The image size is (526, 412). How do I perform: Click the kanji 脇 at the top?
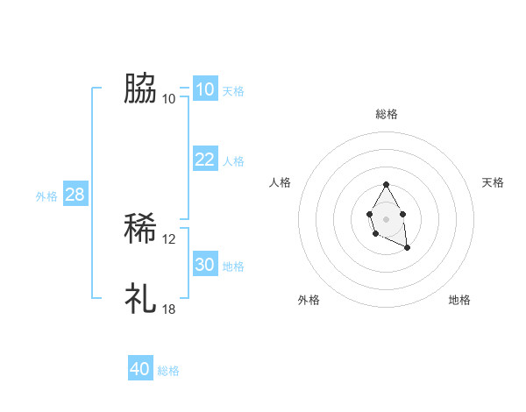tap(140, 88)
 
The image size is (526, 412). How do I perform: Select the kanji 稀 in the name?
tap(140, 230)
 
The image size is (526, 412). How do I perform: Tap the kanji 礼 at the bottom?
tap(140, 298)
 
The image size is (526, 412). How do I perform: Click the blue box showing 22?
tap(204, 160)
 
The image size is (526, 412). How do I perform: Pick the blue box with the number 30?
tap(204, 265)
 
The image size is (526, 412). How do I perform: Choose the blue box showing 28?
tap(75, 195)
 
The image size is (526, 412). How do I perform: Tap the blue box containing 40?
tap(140, 369)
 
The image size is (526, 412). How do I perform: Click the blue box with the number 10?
tap(204, 89)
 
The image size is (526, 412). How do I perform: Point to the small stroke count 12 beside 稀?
tap(169, 239)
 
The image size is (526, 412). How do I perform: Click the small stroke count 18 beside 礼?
tap(169, 309)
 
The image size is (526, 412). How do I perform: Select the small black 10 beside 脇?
tap(169, 98)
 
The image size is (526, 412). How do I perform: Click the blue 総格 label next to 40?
tap(168, 371)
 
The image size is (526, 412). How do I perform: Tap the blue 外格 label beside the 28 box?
tap(46, 196)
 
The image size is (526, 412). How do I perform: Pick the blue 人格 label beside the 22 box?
tap(233, 161)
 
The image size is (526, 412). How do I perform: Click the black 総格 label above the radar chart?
tap(387, 114)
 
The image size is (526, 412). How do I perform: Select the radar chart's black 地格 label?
tap(459, 300)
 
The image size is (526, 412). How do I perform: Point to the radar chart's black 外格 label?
tap(309, 300)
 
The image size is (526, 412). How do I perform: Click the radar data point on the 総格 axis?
tap(386, 185)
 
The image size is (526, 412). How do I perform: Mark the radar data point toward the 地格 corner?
tap(407, 248)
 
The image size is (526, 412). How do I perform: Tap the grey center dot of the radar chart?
tap(386, 218)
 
